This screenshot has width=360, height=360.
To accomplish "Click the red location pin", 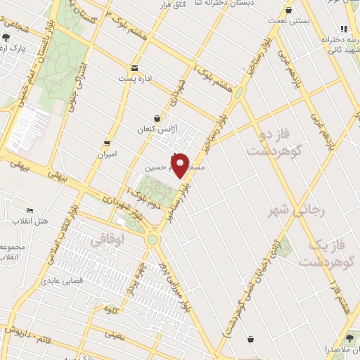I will [181, 165].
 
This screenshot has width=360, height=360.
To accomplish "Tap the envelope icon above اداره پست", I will [134, 68].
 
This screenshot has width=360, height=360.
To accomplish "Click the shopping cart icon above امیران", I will [107, 142].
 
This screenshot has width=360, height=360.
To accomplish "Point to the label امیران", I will [107, 153].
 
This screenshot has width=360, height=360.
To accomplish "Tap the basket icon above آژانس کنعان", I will [157, 119].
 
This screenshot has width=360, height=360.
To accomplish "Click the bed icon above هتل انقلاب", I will [30, 211].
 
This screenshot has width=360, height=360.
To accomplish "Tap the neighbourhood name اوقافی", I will [107, 240].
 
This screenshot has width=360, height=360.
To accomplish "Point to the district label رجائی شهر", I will [290, 210].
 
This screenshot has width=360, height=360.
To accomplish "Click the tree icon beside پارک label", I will [6, 37].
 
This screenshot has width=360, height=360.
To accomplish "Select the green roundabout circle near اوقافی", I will [152, 240].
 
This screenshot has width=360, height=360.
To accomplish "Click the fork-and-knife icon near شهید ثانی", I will [344, 29].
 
